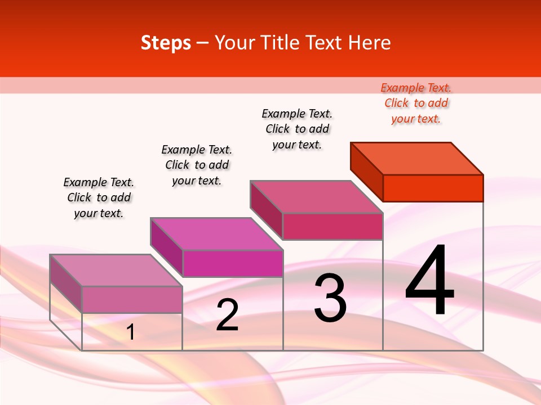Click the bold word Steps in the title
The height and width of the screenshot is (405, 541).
166,43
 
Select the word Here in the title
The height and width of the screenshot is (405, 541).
370,43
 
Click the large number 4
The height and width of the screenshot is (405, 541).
429,281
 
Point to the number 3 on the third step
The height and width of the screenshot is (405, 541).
330,298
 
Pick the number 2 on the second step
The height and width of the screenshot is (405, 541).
227,316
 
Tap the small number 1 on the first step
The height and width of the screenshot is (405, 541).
131,332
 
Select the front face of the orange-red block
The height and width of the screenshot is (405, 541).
433,188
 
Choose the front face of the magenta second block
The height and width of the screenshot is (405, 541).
232,263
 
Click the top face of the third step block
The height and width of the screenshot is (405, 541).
316,197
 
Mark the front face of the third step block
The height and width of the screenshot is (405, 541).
332,226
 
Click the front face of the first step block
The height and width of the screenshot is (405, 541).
132,299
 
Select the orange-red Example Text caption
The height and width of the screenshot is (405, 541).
416,103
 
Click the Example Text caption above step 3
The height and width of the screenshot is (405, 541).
297,129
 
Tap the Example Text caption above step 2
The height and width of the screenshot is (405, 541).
197,165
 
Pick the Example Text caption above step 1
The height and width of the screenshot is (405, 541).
99,197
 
